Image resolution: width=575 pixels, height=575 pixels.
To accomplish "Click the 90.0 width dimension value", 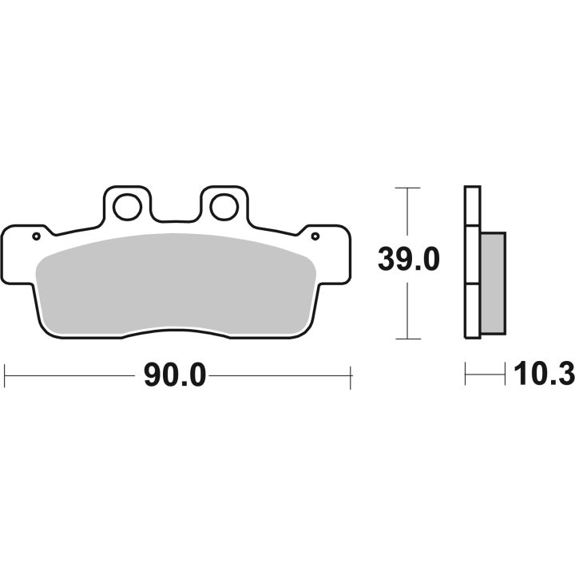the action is point(175,375).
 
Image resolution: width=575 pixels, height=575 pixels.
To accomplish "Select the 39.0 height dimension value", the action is point(409,260).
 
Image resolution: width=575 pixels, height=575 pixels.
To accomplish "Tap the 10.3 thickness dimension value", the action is point(544,373).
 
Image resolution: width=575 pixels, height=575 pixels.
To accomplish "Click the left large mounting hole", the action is point(127,207).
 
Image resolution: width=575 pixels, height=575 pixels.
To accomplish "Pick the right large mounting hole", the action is point(224,207).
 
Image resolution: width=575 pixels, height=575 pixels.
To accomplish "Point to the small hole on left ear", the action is point(36,236).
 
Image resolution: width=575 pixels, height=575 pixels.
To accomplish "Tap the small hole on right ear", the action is point(315,236).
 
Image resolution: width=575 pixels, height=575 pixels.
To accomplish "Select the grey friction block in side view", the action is point(494,283).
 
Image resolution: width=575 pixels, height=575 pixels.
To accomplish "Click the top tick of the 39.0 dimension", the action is point(407,188).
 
